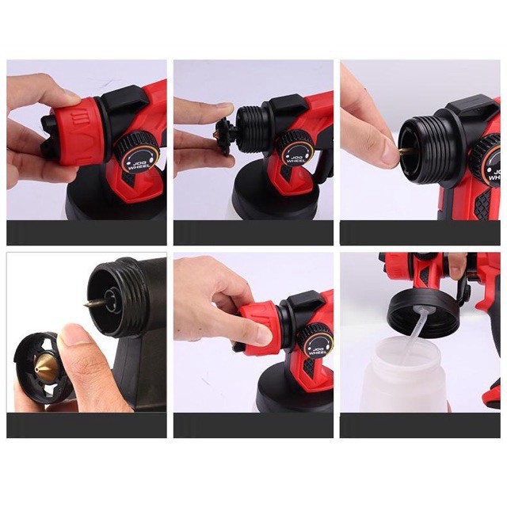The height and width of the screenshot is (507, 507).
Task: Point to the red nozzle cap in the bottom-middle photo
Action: point(261,327)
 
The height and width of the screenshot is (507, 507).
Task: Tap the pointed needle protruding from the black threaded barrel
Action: point(95,303)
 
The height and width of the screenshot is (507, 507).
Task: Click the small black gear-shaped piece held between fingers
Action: point(223,134)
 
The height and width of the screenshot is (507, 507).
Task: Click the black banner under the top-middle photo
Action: point(253,233)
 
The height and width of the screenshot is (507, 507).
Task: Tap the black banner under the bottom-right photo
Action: point(420,425)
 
